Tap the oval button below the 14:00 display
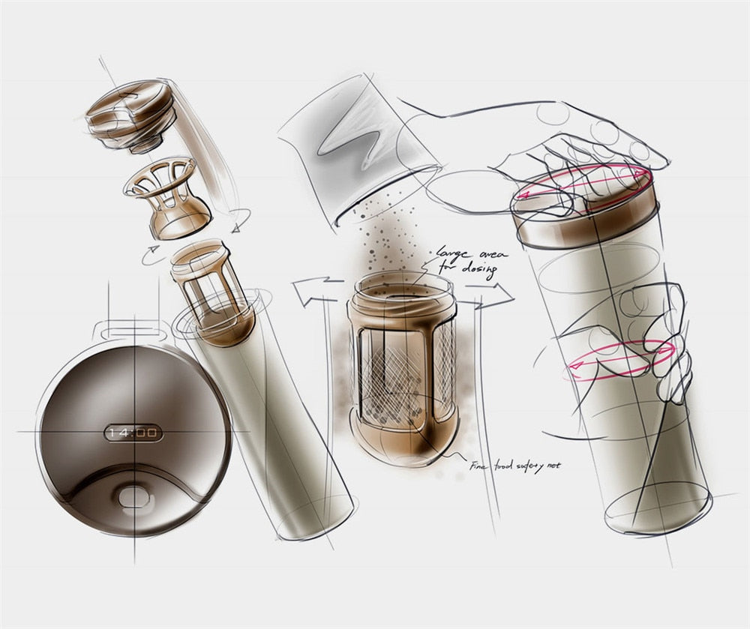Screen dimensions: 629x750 click(133, 496)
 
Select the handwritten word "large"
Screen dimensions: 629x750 click(453, 253)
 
